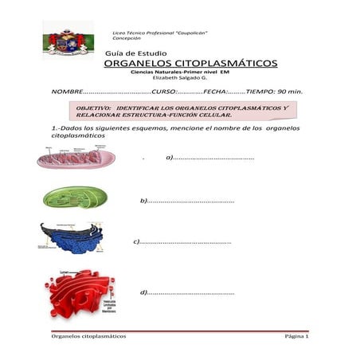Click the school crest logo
tap(68, 40)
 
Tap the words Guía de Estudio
tap(135, 53)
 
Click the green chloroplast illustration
tap(73, 197)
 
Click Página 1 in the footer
tap(295, 337)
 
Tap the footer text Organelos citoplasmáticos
tap(88, 337)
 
